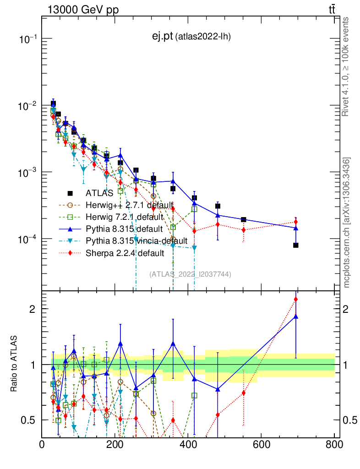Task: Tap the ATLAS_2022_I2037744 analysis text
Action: tap(190, 274)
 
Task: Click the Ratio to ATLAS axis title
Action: tap(14, 364)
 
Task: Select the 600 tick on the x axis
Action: tap(261, 444)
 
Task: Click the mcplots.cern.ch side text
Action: tap(346, 222)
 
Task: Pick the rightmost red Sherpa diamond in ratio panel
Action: tap(296, 300)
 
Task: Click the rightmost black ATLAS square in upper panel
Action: tap(296, 245)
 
